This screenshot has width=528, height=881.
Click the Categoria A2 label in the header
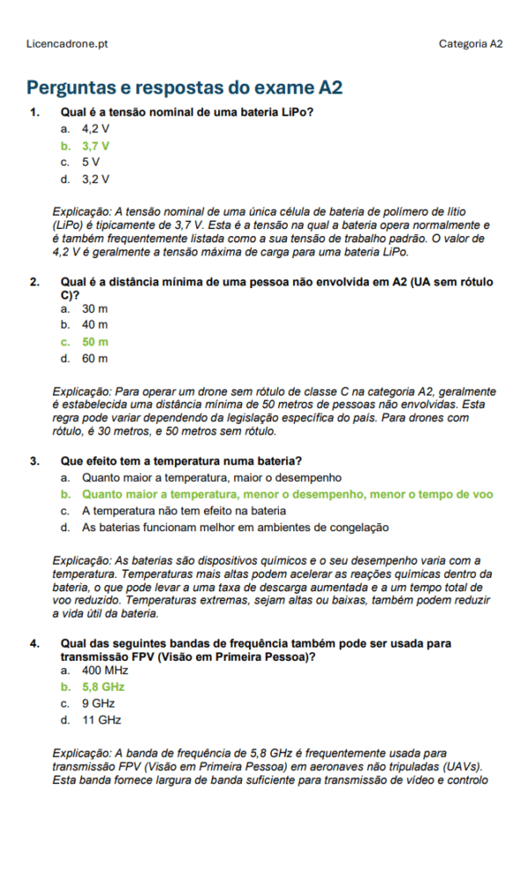click(471, 43)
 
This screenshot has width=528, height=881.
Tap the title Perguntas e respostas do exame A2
click(184, 87)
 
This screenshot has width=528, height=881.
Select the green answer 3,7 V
click(96, 145)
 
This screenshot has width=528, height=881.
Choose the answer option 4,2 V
click(96, 129)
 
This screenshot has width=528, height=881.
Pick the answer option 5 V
click(91, 162)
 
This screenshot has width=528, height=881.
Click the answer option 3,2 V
click(96, 179)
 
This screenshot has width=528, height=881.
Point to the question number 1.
click(34, 112)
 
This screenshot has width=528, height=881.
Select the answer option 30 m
click(95, 308)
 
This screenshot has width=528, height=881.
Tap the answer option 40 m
click(95, 325)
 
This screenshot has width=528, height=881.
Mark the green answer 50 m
click(95, 342)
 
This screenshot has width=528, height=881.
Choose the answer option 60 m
click(95, 359)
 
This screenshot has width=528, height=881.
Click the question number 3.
click(34, 461)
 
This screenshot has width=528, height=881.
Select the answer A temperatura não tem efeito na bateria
click(184, 511)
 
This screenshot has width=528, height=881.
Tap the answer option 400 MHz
click(105, 670)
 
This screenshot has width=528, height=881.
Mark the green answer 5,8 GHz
click(103, 686)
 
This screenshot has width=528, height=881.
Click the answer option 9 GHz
click(98, 703)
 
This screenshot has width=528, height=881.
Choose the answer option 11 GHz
click(101, 720)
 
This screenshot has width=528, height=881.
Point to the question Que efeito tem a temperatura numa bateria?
click(181, 461)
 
